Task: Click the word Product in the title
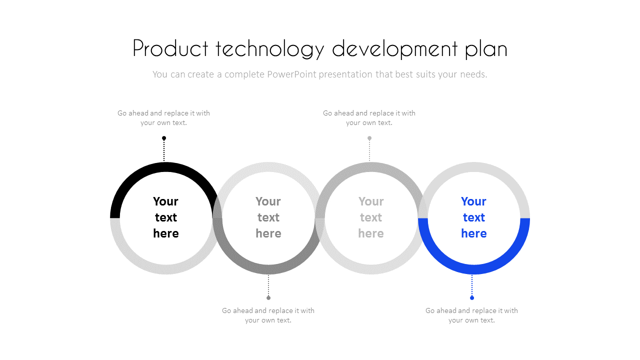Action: pos(170,49)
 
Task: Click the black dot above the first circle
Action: pos(164,138)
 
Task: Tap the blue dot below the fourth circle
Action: pos(472,298)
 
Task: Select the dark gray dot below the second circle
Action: pos(268,298)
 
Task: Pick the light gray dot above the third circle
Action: pos(369,138)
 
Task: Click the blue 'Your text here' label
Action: pos(473,217)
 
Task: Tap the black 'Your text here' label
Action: pos(165,217)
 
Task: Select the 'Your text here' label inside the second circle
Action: pos(268,217)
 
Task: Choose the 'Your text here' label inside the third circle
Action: pos(371,217)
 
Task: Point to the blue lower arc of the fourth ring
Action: pos(474,269)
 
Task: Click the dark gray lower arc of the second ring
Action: pos(268,269)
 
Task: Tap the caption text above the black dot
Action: pos(163,118)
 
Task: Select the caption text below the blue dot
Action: pos(471,315)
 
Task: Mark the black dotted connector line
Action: pos(164,150)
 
